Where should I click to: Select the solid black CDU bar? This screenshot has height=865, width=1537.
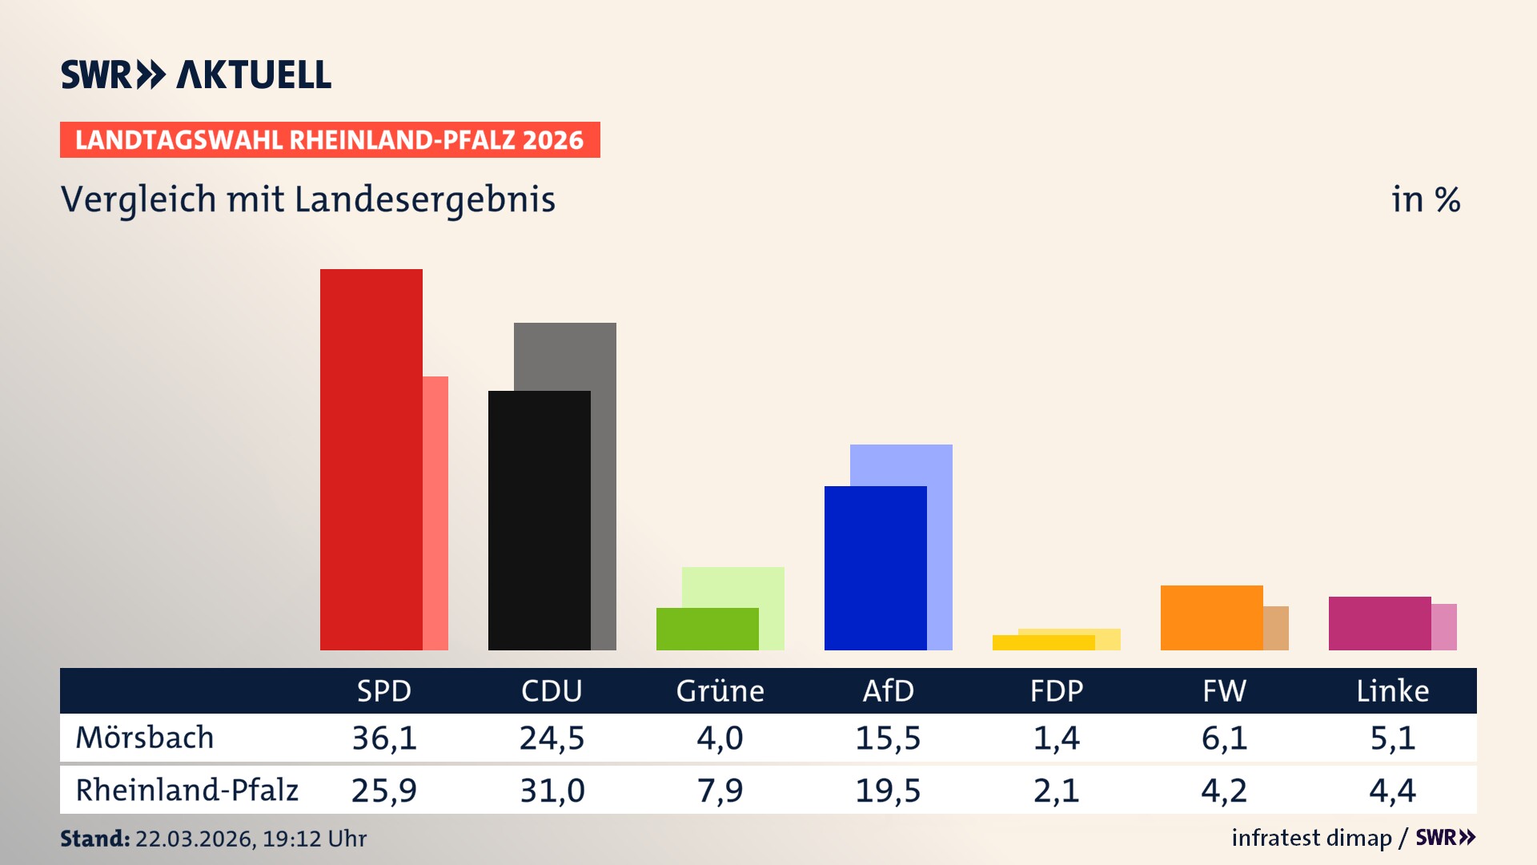539,521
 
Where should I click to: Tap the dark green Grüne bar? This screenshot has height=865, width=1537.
707,629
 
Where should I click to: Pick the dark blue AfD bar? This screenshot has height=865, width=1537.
875,568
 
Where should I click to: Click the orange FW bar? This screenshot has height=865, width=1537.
1211,618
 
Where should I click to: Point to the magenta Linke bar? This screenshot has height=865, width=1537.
1379,623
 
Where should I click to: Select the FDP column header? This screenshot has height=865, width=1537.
1056,690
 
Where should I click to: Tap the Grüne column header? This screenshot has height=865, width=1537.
720,690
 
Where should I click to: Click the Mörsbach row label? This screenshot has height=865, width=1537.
145,738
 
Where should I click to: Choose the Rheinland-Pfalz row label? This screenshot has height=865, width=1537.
187,791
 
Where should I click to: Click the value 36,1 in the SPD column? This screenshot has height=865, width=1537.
384,738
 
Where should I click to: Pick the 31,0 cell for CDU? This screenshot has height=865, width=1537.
552,791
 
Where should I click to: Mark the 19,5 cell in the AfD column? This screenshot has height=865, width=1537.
888,791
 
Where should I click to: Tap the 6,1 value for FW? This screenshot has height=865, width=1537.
1224,738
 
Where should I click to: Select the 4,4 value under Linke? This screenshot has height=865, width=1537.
1392,791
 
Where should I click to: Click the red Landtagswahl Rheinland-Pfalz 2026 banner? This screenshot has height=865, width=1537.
330,140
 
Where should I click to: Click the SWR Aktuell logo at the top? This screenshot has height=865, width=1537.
196,74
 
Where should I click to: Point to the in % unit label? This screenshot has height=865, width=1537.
1425,199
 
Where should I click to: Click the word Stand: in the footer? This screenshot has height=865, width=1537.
94,839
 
